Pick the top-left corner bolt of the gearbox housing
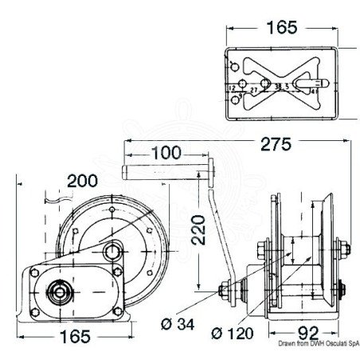[33, 272]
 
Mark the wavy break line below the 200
[61, 194]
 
